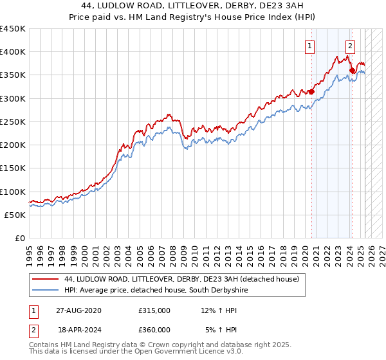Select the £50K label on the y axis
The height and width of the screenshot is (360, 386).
[15, 215]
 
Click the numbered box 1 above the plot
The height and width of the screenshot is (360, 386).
[310, 46]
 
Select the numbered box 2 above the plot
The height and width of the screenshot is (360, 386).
[350, 46]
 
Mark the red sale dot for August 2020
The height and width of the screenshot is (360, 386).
[311, 92]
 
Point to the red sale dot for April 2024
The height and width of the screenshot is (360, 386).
[352, 71]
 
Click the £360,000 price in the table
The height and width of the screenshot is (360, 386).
[154, 330]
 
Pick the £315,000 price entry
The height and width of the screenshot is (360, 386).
[154, 310]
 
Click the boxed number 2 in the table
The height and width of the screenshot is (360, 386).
[32, 330]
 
